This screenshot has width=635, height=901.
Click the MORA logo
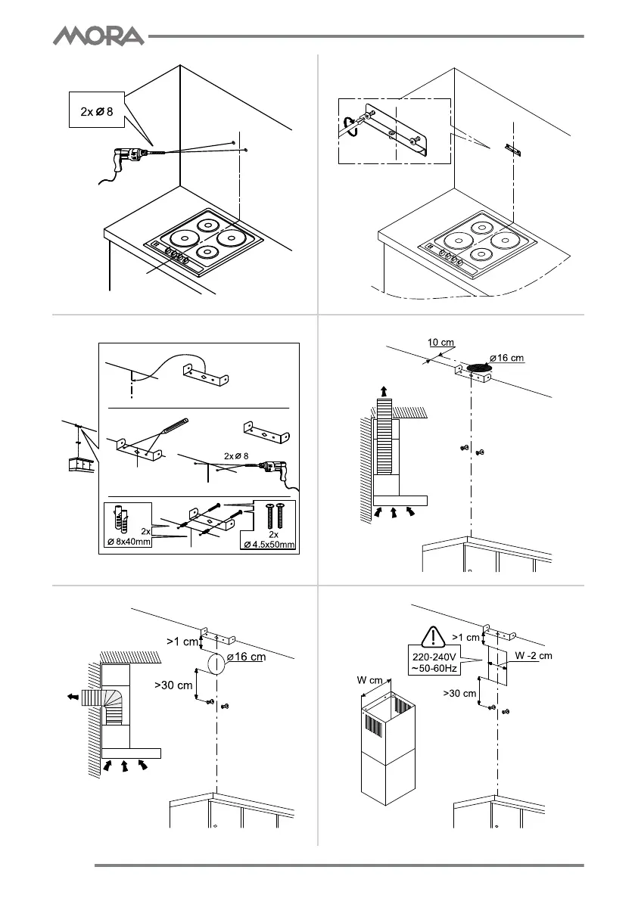[x=98, y=36]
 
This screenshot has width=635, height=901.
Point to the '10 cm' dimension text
[x=440, y=343]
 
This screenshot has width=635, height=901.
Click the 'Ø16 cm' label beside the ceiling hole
[x=506, y=357]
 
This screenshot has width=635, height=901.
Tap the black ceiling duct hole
[x=478, y=367]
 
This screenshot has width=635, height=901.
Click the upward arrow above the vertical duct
[x=388, y=390]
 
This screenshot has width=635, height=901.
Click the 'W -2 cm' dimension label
[x=534, y=655]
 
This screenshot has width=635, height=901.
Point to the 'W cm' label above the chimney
[x=372, y=679]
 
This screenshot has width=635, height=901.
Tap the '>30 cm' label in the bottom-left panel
[x=173, y=686]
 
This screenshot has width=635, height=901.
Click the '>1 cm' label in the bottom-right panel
[x=465, y=637]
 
